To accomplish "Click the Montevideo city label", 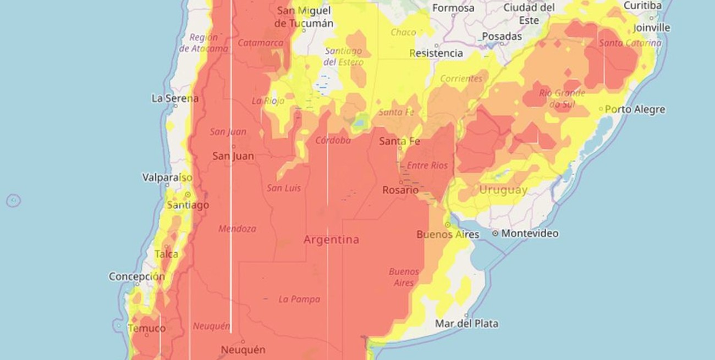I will (x=530, y=234).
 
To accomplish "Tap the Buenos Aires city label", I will (x=448, y=235).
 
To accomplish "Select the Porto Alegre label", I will (x=635, y=109).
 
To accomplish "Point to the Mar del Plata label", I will (x=466, y=323).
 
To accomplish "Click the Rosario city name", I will (x=400, y=190).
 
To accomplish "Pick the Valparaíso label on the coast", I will (x=167, y=178).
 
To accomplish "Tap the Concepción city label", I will (x=136, y=276).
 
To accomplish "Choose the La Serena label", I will (x=174, y=98).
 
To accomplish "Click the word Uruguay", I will (x=503, y=190).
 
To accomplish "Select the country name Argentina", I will (x=332, y=240).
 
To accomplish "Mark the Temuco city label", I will (x=146, y=328).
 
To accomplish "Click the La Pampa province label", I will (x=299, y=300).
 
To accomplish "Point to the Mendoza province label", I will (x=237, y=229).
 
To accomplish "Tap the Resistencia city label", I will (x=436, y=53).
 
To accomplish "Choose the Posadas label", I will (x=502, y=36).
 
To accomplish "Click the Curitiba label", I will (x=642, y=5).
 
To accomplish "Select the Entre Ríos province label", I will (x=427, y=165).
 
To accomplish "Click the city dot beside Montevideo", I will (x=495, y=234).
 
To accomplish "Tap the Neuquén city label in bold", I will (x=243, y=350).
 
